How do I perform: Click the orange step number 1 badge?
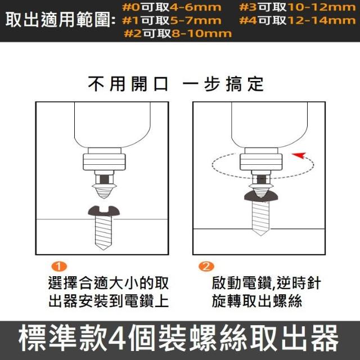(59, 267)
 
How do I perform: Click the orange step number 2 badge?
(206, 267)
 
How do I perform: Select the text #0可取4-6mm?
(172, 7)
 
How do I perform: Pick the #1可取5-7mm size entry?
(172, 21)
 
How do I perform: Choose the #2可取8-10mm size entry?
(178, 34)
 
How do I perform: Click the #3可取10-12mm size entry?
(298, 7)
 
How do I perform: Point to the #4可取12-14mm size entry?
(298, 21)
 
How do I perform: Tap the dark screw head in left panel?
(103, 211)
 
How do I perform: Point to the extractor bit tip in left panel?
(103, 197)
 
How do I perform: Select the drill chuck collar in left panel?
(104, 162)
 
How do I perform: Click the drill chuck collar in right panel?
(261, 162)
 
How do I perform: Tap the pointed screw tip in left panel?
(103, 249)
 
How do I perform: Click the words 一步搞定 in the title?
(223, 84)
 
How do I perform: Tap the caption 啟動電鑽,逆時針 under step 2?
(266, 283)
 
